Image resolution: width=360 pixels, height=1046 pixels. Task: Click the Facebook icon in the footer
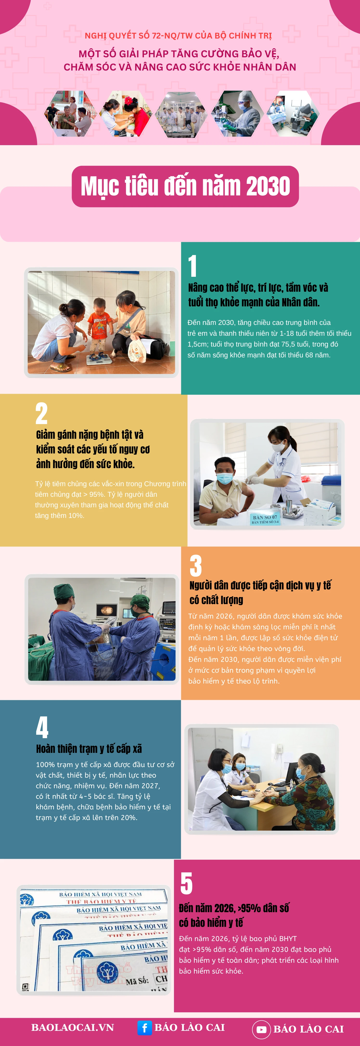[x=144, y=1028]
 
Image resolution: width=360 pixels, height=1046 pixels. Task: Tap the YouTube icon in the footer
[x=261, y=1029]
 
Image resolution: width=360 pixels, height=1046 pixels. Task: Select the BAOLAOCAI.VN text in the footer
[x=73, y=1027]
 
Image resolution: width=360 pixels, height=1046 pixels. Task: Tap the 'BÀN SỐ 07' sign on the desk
[x=265, y=519]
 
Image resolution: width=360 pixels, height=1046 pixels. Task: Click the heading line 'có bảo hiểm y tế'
[x=211, y=923]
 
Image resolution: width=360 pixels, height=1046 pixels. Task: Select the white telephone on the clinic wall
[x=279, y=748]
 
